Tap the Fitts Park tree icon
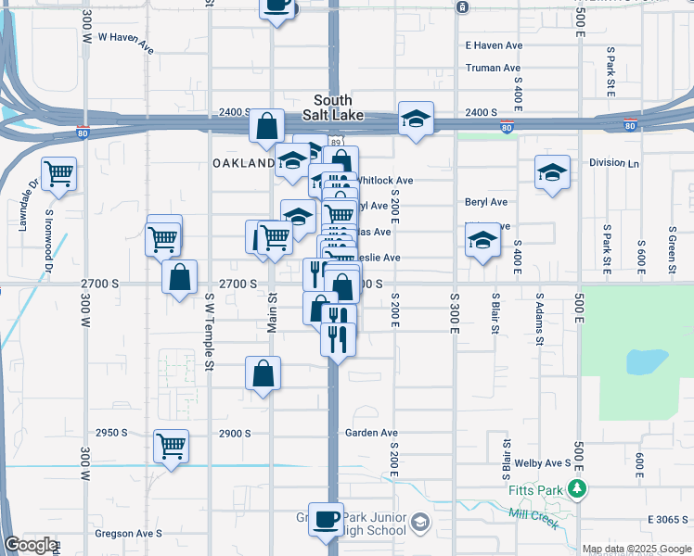pos(577,488)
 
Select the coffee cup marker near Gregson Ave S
pos(326,520)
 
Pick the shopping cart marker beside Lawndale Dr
pos(59,172)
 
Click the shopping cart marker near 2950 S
pos(171,446)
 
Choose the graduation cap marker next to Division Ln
pos(552,172)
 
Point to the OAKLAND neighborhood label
pos(244,163)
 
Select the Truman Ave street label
pos(493,68)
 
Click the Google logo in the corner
pos(30,545)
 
